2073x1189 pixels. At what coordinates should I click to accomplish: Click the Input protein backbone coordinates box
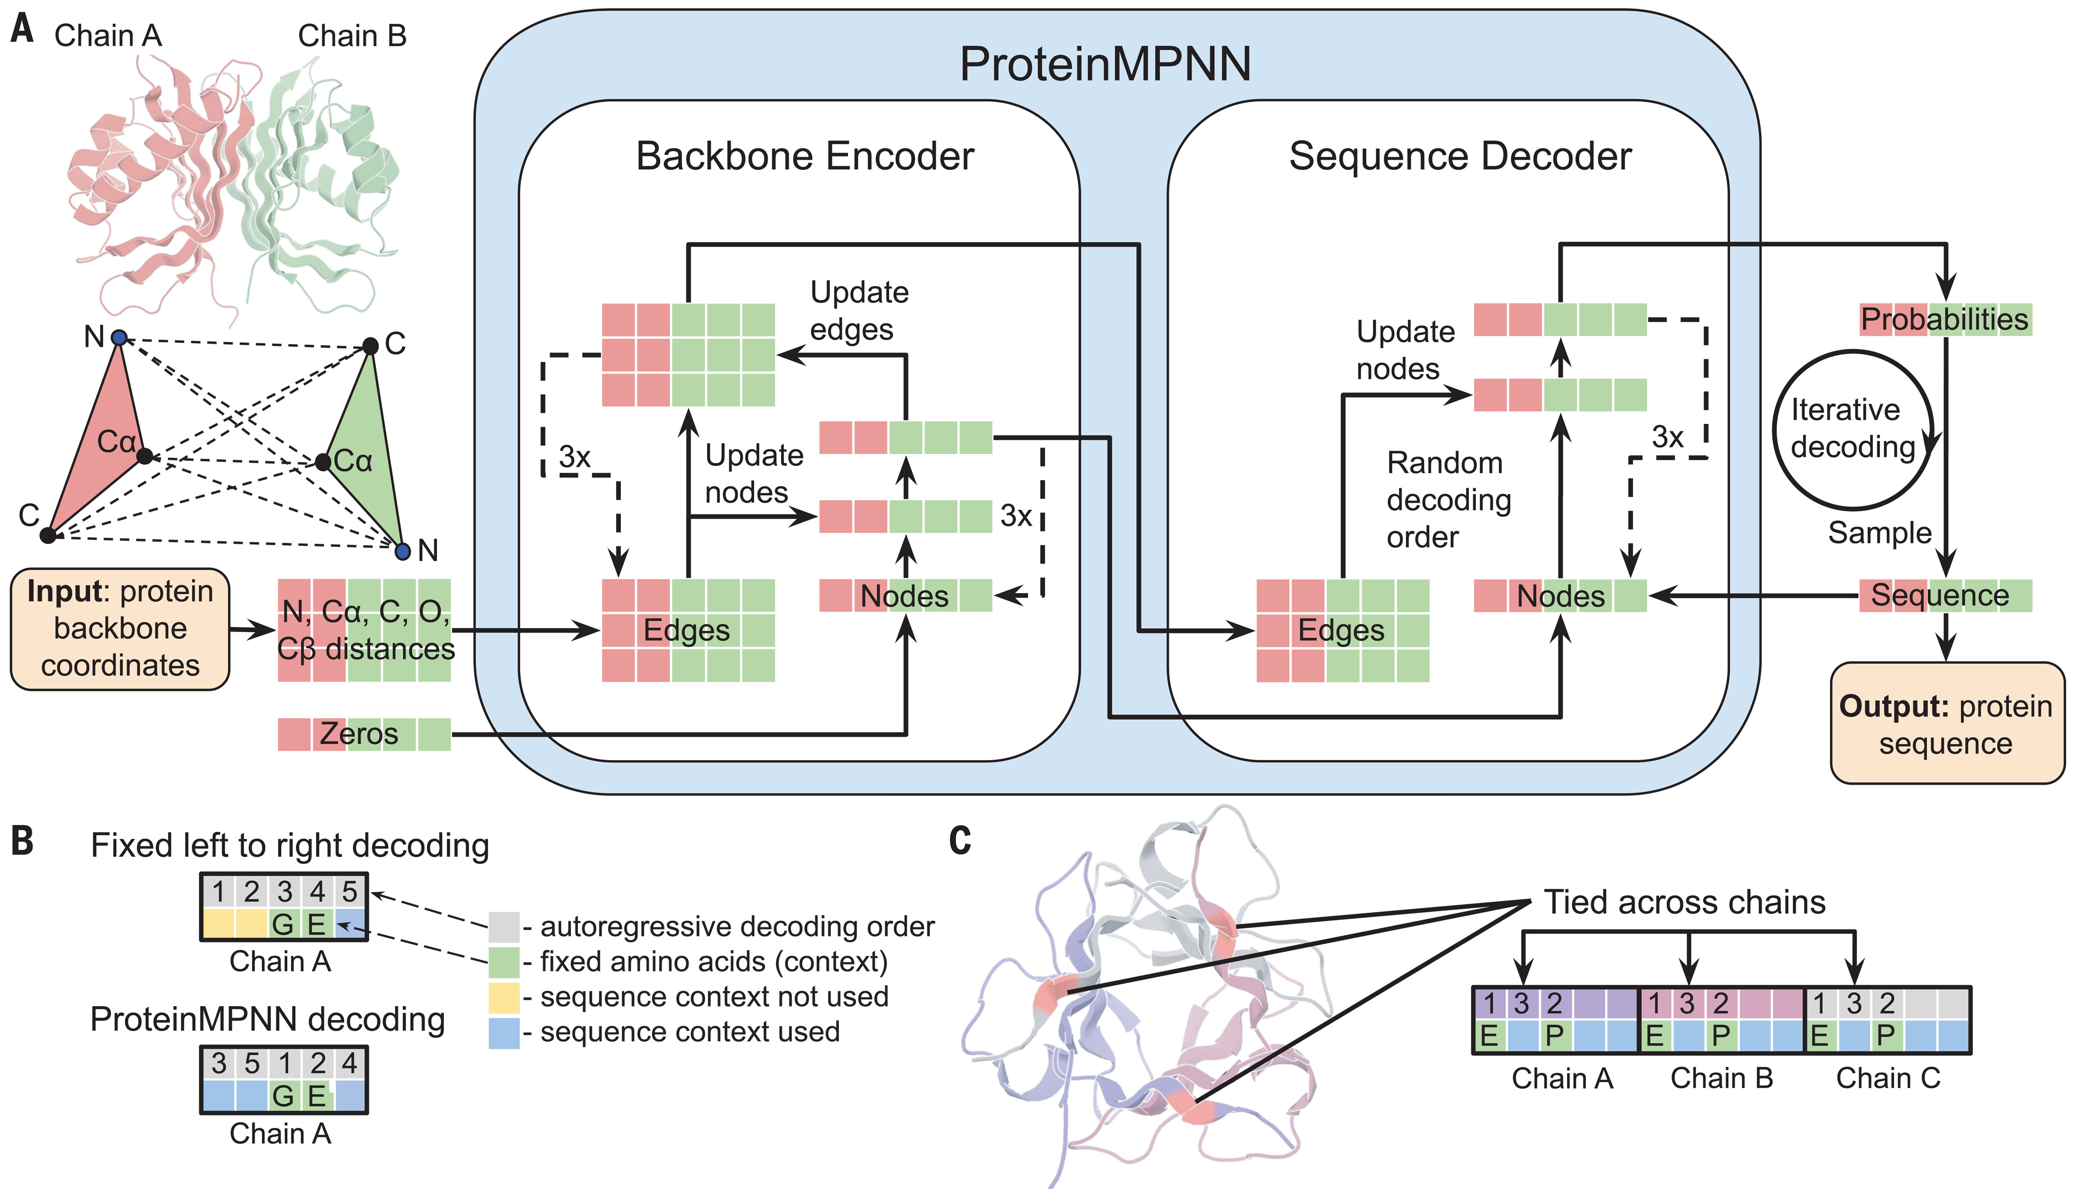pos(120,629)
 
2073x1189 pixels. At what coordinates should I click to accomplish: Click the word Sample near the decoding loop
pos(1879,532)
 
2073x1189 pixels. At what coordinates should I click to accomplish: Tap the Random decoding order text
pos(1448,500)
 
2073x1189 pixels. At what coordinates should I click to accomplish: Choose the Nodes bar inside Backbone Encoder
pos(905,595)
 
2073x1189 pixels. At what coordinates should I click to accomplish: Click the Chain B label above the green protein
pos(352,36)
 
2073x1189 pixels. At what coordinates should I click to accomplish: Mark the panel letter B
pos(23,841)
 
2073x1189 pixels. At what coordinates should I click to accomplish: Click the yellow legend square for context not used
pos(504,997)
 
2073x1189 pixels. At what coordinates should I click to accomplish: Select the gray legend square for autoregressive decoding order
pos(504,927)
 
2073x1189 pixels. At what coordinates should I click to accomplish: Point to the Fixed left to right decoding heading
pos(290,845)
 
